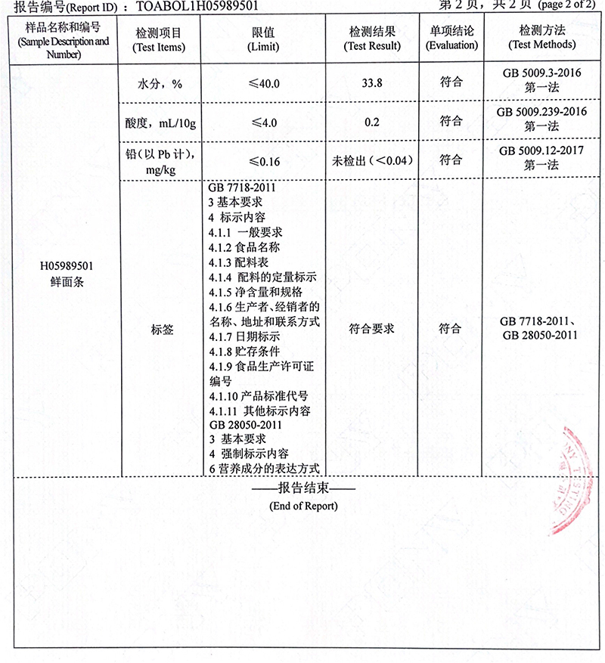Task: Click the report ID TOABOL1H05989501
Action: click(x=197, y=8)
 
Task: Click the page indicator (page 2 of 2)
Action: click(x=566, y=6)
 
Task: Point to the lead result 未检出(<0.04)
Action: click(x=372, y=160)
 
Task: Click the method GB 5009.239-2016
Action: click(x=541, y=113)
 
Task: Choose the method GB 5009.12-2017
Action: click(x=541, y=151)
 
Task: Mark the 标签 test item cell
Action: click(x=162, y=329)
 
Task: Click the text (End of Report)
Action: click(x=303, y=505)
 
